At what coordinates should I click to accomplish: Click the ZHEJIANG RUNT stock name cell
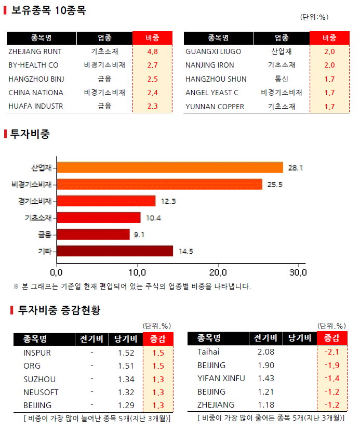(x=35, y=51)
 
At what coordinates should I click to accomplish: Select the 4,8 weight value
(x=152, y=51)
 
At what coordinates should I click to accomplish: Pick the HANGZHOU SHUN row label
(x=216, y=79)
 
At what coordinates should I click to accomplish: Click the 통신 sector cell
(x=282, y=79)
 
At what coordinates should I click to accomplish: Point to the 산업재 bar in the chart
(x=170, y=167)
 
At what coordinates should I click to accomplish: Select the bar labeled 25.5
(x=159, y=184)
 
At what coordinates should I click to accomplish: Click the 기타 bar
(x=115, y=251)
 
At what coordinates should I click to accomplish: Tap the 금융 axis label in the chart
(x=44, y=234)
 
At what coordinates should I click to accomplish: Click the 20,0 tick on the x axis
(x=218, y=272)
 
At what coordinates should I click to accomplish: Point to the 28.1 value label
(x=296, y=168)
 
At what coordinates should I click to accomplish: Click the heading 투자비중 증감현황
(x=59, y=310)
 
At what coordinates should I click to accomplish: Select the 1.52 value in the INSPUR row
(x=126, y=352)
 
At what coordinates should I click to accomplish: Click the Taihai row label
(x=208, y=352)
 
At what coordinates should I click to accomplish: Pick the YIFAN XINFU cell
(x=221, y=378)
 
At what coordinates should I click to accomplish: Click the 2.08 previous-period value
(x=266, y=352)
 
